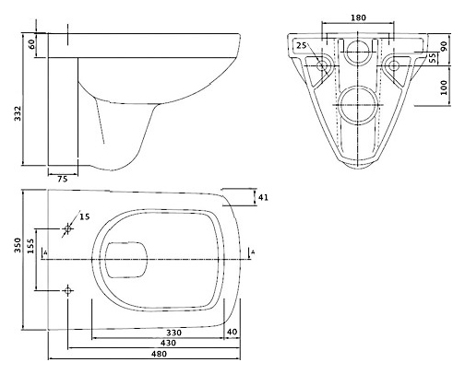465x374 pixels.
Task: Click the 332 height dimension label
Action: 18,113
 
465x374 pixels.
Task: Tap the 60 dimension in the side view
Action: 32,44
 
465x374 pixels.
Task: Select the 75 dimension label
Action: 63,179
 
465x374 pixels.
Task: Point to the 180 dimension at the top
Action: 359,18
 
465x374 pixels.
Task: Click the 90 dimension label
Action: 444,46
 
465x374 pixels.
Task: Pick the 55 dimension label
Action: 433,58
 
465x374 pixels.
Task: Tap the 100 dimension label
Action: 444,88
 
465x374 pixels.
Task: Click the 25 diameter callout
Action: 302,45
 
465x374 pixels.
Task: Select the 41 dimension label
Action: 263,197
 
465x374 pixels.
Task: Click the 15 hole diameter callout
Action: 85,216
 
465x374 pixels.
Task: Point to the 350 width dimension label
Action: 18,245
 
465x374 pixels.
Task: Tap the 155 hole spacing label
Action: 30,246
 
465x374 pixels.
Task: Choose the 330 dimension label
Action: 173,333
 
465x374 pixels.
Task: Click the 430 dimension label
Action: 168,343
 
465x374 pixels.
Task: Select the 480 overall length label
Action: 159,354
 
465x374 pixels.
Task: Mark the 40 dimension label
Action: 232,332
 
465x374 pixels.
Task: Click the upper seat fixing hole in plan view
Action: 67,228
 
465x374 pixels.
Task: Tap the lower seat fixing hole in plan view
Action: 67,290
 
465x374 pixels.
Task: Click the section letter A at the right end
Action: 253,252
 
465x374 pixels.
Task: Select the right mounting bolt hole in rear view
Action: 394,65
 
